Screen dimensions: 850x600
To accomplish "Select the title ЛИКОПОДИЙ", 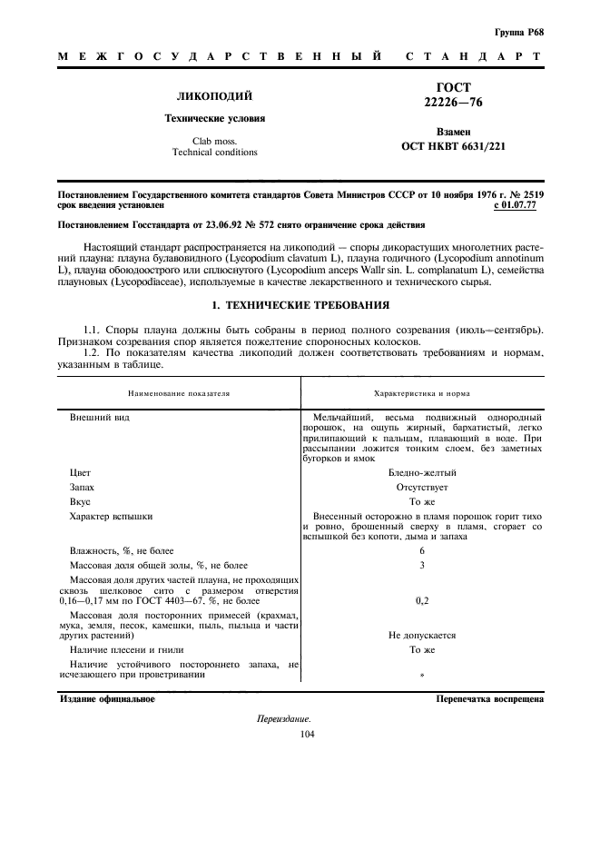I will point(214,96).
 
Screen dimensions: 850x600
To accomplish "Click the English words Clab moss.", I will point(214,141).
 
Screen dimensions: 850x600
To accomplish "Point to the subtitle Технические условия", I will point(214,118).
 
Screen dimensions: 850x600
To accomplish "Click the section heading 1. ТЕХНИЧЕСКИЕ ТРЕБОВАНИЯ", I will point(300,305).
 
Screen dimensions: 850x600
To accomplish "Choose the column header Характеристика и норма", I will point(422,394).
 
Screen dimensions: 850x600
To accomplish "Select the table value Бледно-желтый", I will point(422,473).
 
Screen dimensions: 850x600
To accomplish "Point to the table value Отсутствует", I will point(422,488).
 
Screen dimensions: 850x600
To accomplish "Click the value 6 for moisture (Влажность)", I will point(422,551).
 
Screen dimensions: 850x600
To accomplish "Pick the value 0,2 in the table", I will point(422,600).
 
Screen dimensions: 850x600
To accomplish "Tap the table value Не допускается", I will point(422,636).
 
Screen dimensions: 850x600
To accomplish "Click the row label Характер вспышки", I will point(111,516).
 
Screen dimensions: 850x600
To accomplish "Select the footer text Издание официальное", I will point(107,699).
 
